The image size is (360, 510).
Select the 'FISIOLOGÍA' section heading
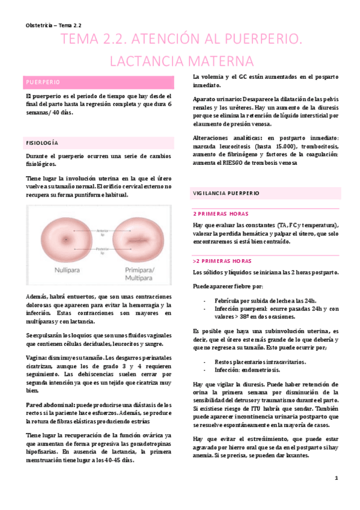click(x=41, y=143)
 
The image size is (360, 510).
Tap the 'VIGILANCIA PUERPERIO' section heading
click(x=226, y=194)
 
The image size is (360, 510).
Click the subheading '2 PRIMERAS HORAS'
click(x=222, y=214)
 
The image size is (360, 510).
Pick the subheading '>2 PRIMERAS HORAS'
click(x=222, y=262)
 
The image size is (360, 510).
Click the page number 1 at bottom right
click(x=337, y=478)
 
